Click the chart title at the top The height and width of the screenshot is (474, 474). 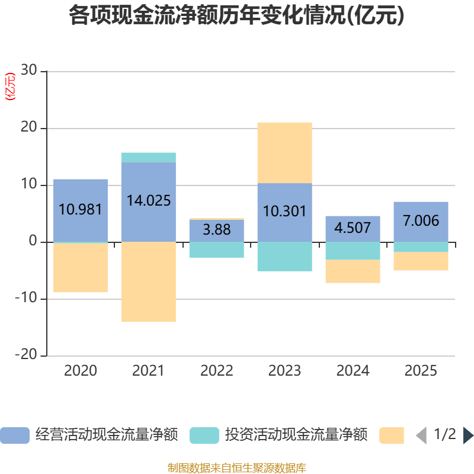click(236, 16)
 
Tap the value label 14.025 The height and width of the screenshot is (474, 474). click(149, 200)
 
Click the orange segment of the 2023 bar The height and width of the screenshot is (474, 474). click(284, 152)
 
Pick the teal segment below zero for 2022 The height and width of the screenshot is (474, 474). click(216, 249)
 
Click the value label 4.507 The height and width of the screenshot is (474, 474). click(353, 228)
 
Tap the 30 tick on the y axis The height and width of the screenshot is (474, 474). click(28, 71)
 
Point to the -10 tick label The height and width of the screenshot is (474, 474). click(25, 298)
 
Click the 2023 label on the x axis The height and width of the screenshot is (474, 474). click(284, 371)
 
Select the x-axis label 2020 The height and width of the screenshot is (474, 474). click(81, 371)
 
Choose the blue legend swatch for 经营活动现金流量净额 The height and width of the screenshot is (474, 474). click(14, 435)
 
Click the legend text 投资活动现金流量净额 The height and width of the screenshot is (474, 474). click(296, 435)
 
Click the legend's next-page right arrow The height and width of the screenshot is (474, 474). click(468, 435)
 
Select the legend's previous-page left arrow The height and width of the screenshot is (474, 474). click(421, 435)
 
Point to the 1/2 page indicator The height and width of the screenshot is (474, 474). click(444, 435)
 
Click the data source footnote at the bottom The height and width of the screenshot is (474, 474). click(236, 468)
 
